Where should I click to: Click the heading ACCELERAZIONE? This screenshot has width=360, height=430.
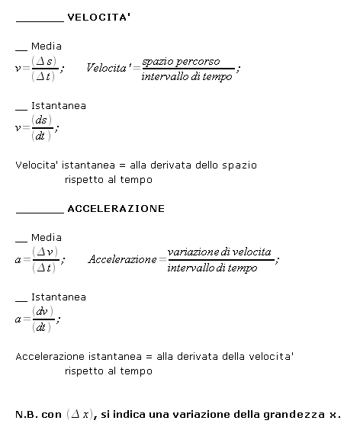tap(116, 208)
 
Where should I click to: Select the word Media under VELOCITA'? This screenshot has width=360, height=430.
tap(47, 47)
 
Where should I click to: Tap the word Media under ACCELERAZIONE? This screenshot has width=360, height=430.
tap(47, 238)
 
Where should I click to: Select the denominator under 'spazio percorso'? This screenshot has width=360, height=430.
tap(187, 77)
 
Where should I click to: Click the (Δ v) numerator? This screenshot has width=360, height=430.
tap(42, 252)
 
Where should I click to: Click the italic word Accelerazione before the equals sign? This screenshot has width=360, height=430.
tap(122, 260)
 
